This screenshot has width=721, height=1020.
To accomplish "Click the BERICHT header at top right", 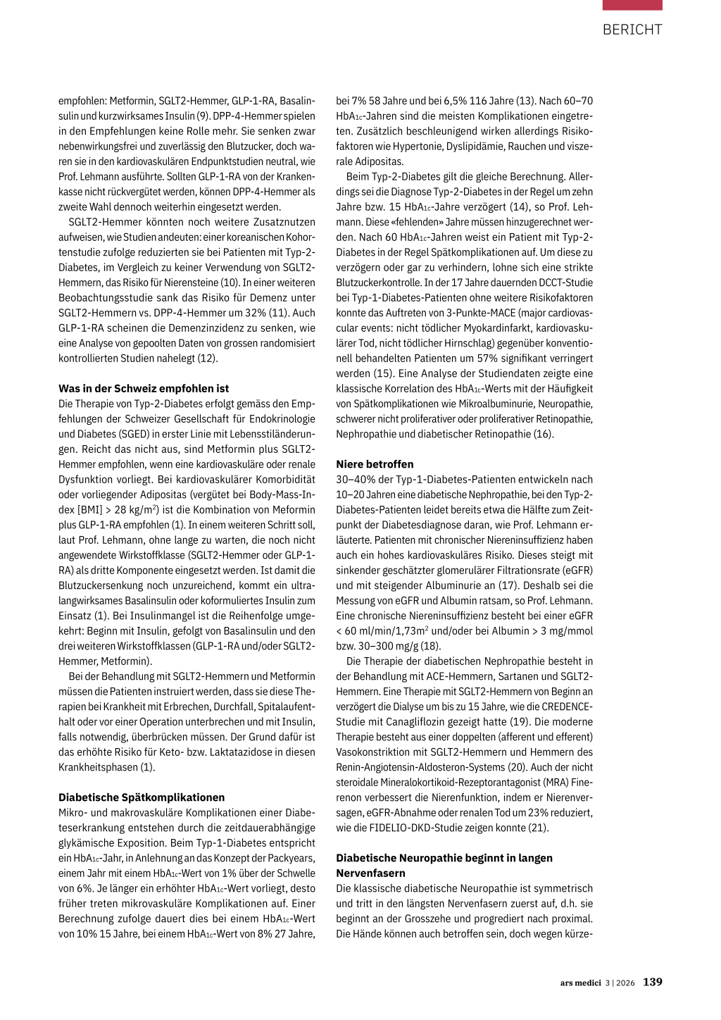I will [x=632, y=30].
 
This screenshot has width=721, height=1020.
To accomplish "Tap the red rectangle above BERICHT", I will [x=632, y=5].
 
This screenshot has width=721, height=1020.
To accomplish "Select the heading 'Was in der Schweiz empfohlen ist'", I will [x=144, y=388].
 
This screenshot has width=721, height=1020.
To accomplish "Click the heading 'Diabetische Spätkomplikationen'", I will [x=142, y=797].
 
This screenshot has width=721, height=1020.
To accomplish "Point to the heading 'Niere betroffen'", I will [x=375, y=464].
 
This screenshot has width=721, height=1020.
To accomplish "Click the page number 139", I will [x=653, y=982].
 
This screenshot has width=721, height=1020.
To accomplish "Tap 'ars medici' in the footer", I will [x=581, y=983].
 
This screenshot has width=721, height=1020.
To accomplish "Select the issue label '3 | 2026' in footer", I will [x=620, y=983].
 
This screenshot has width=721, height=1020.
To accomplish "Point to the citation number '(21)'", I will [x=538, y=828].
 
